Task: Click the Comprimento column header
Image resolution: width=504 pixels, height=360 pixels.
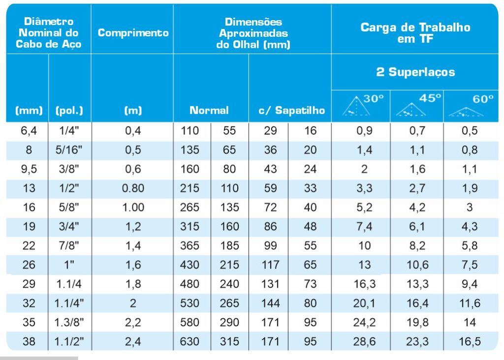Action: tap(133, 33)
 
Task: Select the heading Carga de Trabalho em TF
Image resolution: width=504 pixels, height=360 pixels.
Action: tap(415, 32)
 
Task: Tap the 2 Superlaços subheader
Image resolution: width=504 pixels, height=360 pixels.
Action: tap(415, 72)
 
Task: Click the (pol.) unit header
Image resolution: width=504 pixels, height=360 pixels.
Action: tap(69, 111)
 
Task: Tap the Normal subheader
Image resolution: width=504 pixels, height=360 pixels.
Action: tap(209, 111)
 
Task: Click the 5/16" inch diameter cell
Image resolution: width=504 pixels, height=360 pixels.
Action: tap(69, 150)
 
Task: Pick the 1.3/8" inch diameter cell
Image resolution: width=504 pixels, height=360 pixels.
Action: tap(69, 323)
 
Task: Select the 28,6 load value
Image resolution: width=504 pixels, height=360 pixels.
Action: tap(364, 342)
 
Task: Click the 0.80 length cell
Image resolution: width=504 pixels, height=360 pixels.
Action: tap(133, 188)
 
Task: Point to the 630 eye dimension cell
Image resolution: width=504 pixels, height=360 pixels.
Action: tap(189, 342)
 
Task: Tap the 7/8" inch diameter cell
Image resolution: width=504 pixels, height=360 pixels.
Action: tap(69, 246)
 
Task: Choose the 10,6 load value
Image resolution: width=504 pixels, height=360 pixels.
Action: tap(417, 265)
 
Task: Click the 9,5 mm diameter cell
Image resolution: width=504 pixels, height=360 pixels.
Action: tap(29, 169)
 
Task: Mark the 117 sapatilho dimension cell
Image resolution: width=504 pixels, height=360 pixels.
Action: tap(270, 265)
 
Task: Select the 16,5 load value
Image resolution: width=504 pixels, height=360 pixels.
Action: tap(470, 342)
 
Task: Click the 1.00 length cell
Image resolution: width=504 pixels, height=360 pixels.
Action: tap(133, 208)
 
